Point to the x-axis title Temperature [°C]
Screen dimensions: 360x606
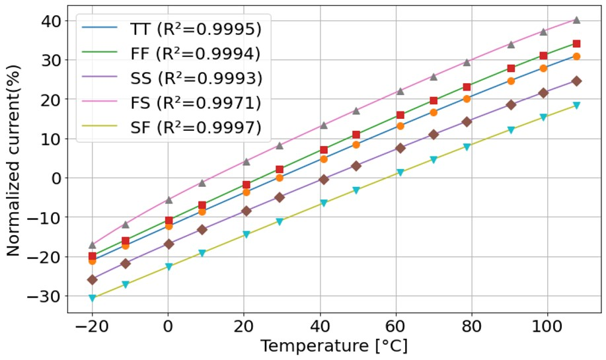pyautogui.click(x=334, y=346)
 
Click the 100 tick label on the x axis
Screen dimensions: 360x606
pyautogui.click(x=547, y=327)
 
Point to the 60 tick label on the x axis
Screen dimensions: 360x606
pyautogui.click(x=395, y=327)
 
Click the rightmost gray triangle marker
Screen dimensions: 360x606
pyautogui.click(x=576, y=20)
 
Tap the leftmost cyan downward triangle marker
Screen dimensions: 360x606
pyautogui.click(x=93, y=299)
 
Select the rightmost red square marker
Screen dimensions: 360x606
pyautogui.click(x=576, y=44)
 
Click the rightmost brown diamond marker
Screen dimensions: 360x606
pyautogui.click(x=576, y=81)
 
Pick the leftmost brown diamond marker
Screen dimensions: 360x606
pyautogui.click(x=93, y=280)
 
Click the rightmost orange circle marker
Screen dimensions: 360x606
pyautogui.click(x=576, y=57)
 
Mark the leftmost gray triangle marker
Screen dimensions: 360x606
pyautogui.click(x=93, y=245)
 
